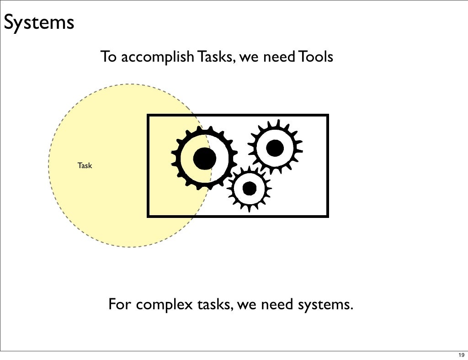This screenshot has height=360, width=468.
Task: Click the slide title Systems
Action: pyautogui.click(x=38, y=22)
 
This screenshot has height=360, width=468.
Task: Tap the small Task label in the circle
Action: pyautogui.click(x=85, y=165)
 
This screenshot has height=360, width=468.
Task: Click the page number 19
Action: pyautogui.click(x=460, y=355)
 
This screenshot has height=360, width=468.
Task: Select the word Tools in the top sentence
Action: pyautogui.click(x=315, y=58)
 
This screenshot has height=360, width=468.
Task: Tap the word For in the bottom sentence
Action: pyautogui.click(x=119, y=304)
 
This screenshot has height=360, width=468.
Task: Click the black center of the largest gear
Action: pyautogui.click(x=204, y=159)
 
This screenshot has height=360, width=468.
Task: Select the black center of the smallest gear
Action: pyautogui.click(x=249, y=188)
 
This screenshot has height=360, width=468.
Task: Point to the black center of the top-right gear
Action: pyautogui.click(x=275, y=148)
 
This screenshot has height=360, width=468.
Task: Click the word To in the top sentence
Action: pyautogui.click(x=107, y=58)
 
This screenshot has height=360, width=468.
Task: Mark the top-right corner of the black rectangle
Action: pyautogui.click(x=327, y=116)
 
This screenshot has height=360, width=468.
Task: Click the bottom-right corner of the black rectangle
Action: pyautogui.click(x=327, y=215)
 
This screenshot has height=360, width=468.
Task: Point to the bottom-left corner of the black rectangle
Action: pyautogui.click(x=148, y=215)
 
